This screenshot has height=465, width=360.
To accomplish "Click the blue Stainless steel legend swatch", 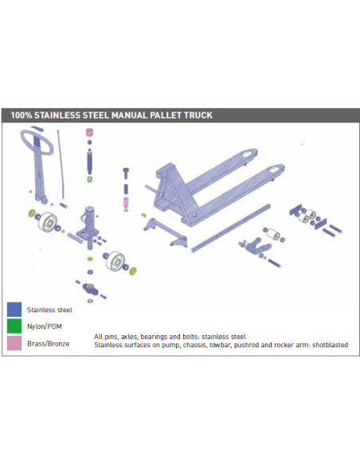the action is [14, 309].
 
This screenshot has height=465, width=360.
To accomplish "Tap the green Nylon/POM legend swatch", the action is [14, 326].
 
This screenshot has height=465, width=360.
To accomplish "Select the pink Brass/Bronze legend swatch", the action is [14, 343].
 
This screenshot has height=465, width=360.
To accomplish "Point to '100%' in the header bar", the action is [22, 115].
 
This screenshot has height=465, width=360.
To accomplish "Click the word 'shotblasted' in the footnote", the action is [330, 345].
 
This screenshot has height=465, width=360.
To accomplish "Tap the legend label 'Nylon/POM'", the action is [45, 326].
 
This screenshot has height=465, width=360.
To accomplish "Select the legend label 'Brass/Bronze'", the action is [49, 344].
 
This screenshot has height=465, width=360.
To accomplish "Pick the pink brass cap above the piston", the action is [89, 132].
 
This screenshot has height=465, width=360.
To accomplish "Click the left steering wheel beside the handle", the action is [48, 221].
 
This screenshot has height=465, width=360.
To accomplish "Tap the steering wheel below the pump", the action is [115, 260].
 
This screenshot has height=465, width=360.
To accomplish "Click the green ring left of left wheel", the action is [31, 213].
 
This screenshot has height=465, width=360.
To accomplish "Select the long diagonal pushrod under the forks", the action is [231, 228].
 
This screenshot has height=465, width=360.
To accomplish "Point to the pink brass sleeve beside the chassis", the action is [126, 202].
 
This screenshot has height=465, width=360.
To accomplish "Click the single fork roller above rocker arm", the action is [273, 235].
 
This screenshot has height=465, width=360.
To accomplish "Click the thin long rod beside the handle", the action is [61, 164].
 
